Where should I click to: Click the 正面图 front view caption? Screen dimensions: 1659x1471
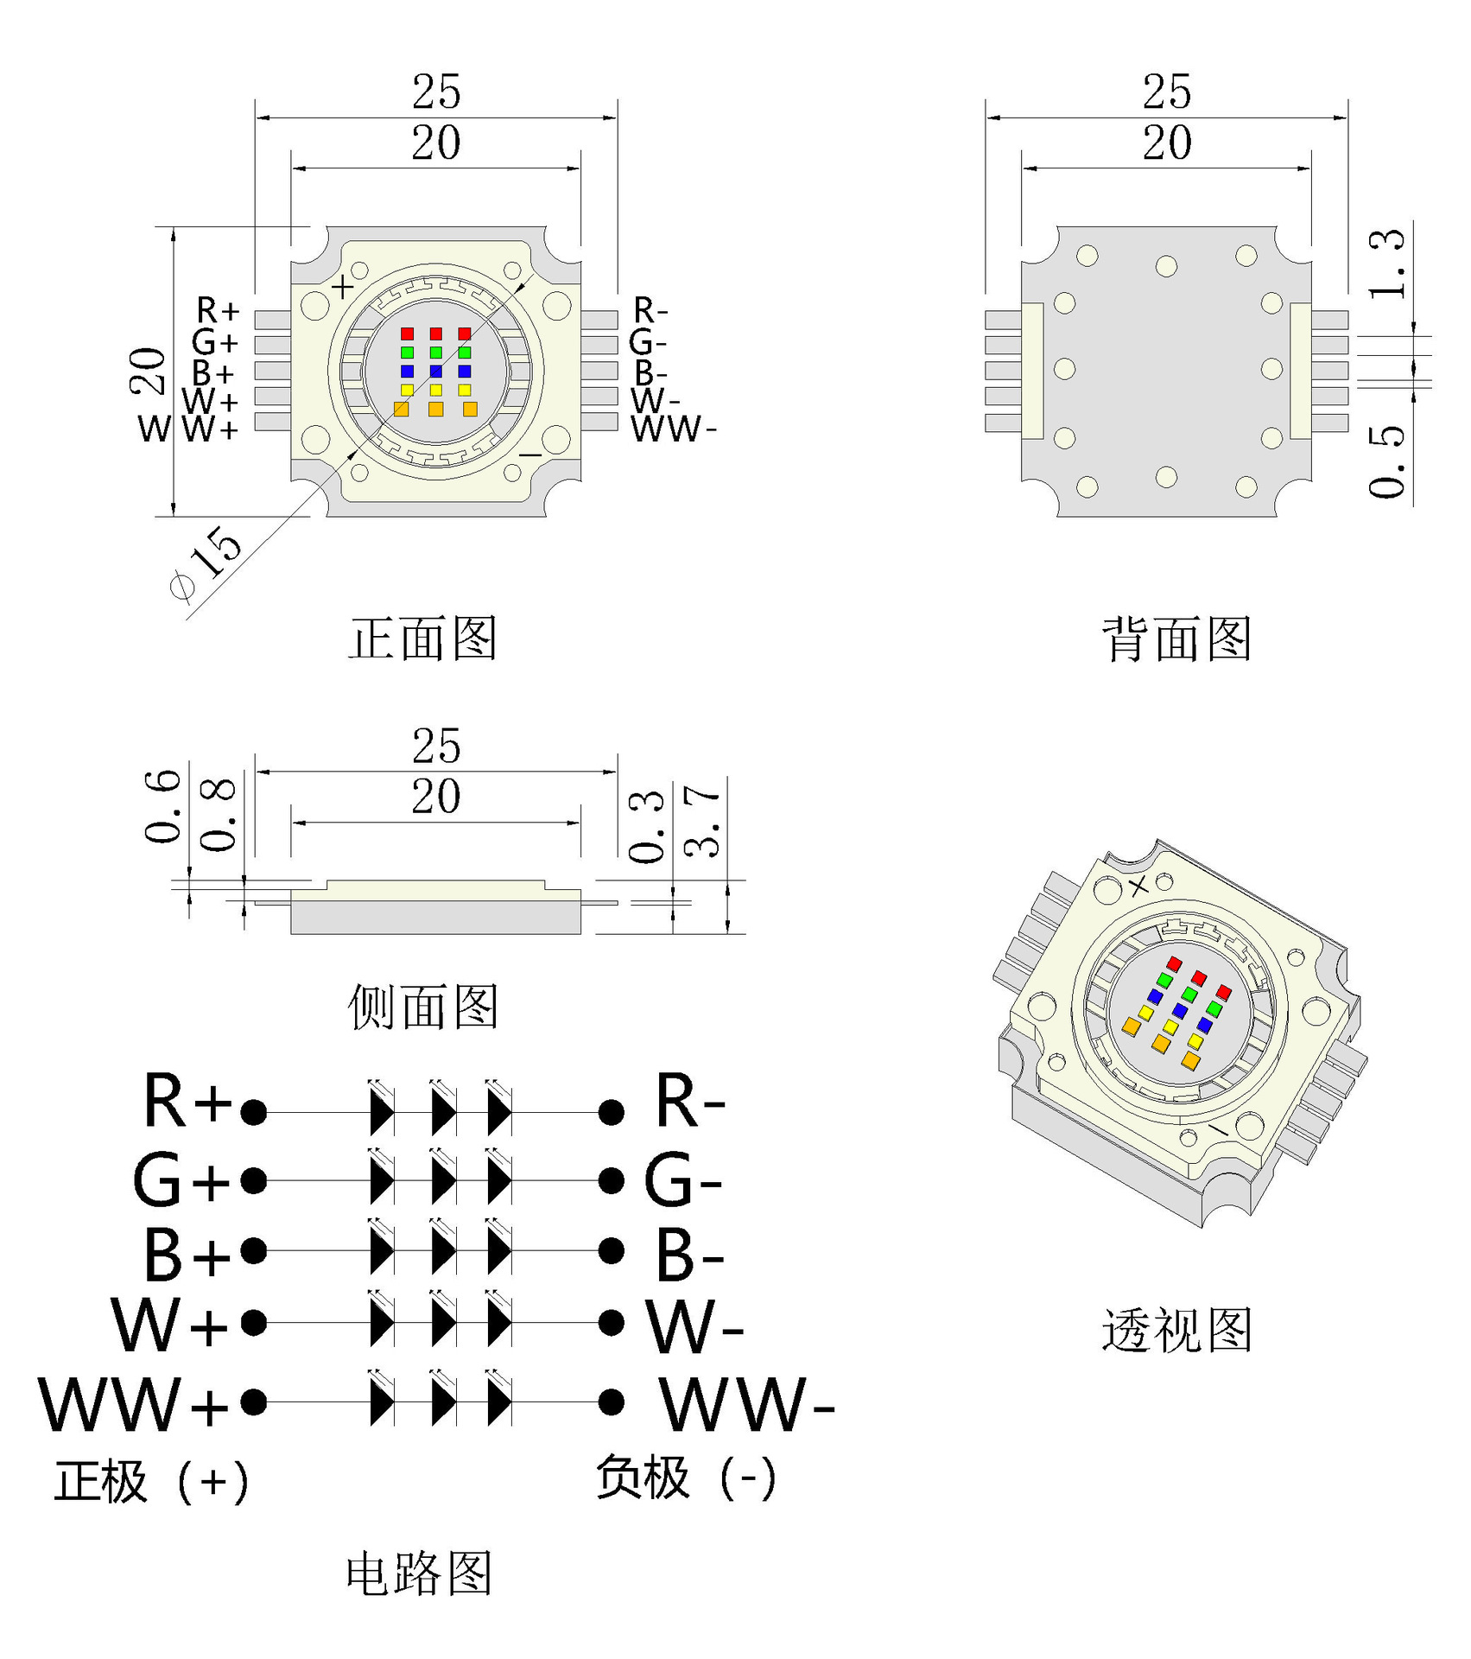[x=422, y=639]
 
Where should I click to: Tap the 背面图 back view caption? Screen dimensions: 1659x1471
[x=1176, y=639]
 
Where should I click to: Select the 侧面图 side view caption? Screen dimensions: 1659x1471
[x=422, y=1007]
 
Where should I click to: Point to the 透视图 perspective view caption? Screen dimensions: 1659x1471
[x=1176, y=1330]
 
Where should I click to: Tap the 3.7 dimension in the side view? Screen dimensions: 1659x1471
[x=701, y=821]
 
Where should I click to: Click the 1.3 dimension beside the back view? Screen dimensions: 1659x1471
[x=1386, y=264]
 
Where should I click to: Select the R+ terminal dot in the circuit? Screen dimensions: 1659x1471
[x=253, y=1112]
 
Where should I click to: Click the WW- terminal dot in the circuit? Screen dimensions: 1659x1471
[x=611, y=1402]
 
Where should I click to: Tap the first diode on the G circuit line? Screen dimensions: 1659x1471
[x=382, y=1181]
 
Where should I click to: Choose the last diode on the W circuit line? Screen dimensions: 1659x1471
[x=499, y=1323]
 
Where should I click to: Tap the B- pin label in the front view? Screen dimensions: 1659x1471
[x=650, y=373]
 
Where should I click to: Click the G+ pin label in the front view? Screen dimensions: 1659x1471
[x=214, y=342]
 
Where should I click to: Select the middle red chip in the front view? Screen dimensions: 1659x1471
[x=435, y=334]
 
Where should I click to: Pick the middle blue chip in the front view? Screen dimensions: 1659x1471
[x=435, y=372]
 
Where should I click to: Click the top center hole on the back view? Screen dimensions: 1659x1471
[x=1166, y=266]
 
